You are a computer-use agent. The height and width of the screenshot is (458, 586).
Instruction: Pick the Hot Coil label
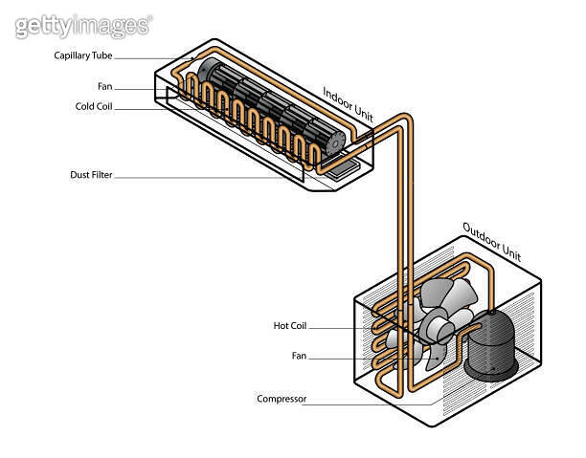[x=289, y=326]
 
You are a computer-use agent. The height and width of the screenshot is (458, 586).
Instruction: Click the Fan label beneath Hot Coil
[x=299, y=355]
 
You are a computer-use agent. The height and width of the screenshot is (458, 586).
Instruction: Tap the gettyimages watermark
[x=82, y=25]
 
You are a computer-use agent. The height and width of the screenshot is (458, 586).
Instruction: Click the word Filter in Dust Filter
[x=111, y=175]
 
